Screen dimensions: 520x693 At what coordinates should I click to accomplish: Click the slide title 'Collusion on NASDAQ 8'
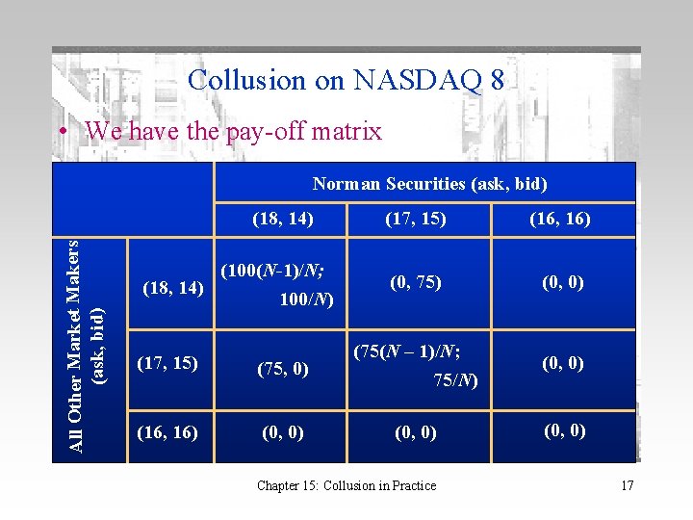(346, 80)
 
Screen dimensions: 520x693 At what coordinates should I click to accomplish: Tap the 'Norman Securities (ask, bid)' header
(429, 183)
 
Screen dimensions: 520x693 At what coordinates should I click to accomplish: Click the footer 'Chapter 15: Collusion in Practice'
(346, 485)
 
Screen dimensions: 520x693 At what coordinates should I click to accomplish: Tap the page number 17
(627, 485)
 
